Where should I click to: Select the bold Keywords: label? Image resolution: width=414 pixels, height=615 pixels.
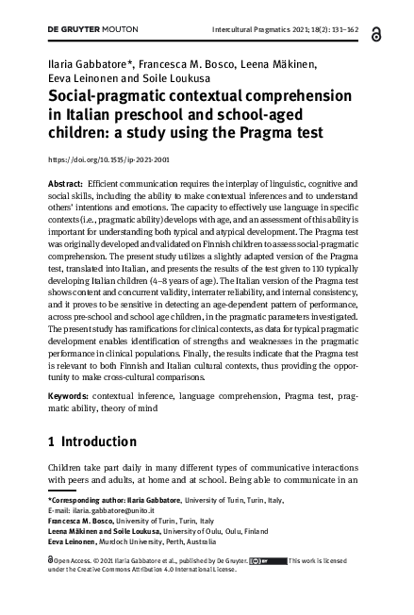pos(70,396)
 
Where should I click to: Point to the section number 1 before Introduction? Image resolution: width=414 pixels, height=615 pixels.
pos(52,441)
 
